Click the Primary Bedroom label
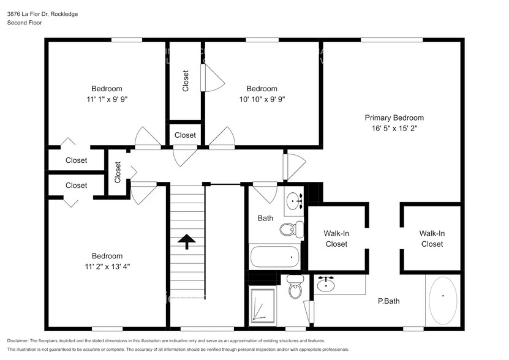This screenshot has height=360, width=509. pyautogui.click(x=394, y=118)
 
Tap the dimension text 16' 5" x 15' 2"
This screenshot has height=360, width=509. pyautogui.click(x=394, y=128)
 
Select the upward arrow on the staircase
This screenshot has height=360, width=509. pyautogui.click(x=186, y=241)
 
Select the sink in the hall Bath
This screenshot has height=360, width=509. pyautogui.click(x=295, y=200)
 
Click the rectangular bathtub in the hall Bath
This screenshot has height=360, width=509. pyautogui.click(x=274, y=257)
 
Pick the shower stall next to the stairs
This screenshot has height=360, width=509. pyautogui.click(x=263, y=307)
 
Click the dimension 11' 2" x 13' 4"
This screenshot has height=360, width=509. pyautogui.click(x=107, y=266)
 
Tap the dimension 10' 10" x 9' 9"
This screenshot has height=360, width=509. pyautogui.click(x=262, y=99)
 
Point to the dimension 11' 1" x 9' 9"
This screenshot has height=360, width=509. pyautogui.click(x=107, y=99)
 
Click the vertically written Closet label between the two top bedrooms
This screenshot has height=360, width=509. pyautogui.click(x=186, y=81)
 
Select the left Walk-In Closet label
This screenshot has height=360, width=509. pyautogui.click(x=336, y=238)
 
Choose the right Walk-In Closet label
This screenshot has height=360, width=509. pyautogui.click(x=431, y=238)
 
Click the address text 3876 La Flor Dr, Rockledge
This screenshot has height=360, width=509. pyautogui.click(x=42, y=13)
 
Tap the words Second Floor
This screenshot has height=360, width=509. pyautogui.click(x=23, y=23)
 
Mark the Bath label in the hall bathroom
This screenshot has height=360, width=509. pyautogui.click(x=265, y=218)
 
